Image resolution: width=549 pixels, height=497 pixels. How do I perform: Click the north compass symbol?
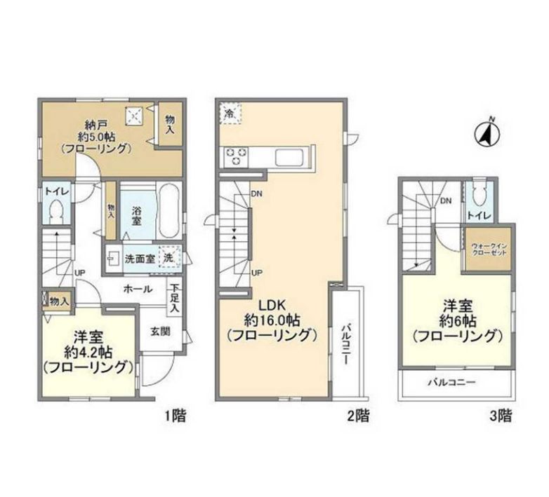tap(487, 133)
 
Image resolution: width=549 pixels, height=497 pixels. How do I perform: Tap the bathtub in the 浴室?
tap(169, 212)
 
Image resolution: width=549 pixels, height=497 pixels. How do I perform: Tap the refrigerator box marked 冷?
tap(230, 114)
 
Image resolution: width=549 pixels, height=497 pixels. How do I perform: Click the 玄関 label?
tap(160, 332)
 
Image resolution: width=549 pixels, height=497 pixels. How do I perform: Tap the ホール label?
tap(138, 289)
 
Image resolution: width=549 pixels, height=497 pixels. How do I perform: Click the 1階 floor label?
tap(175, 416)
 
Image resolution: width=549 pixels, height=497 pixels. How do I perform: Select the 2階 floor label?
tap(358, 416)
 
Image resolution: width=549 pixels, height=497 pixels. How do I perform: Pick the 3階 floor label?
tap(501, 416)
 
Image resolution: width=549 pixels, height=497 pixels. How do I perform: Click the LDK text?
tap(272, 305)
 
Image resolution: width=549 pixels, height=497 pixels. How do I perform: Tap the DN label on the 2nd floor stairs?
tap(257, 193)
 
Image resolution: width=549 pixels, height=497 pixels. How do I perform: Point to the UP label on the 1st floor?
tap(79, 273)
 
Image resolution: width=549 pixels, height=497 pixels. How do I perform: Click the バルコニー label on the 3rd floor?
tap(452, 382)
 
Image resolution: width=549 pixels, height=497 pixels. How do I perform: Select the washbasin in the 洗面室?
tap(113, 258)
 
